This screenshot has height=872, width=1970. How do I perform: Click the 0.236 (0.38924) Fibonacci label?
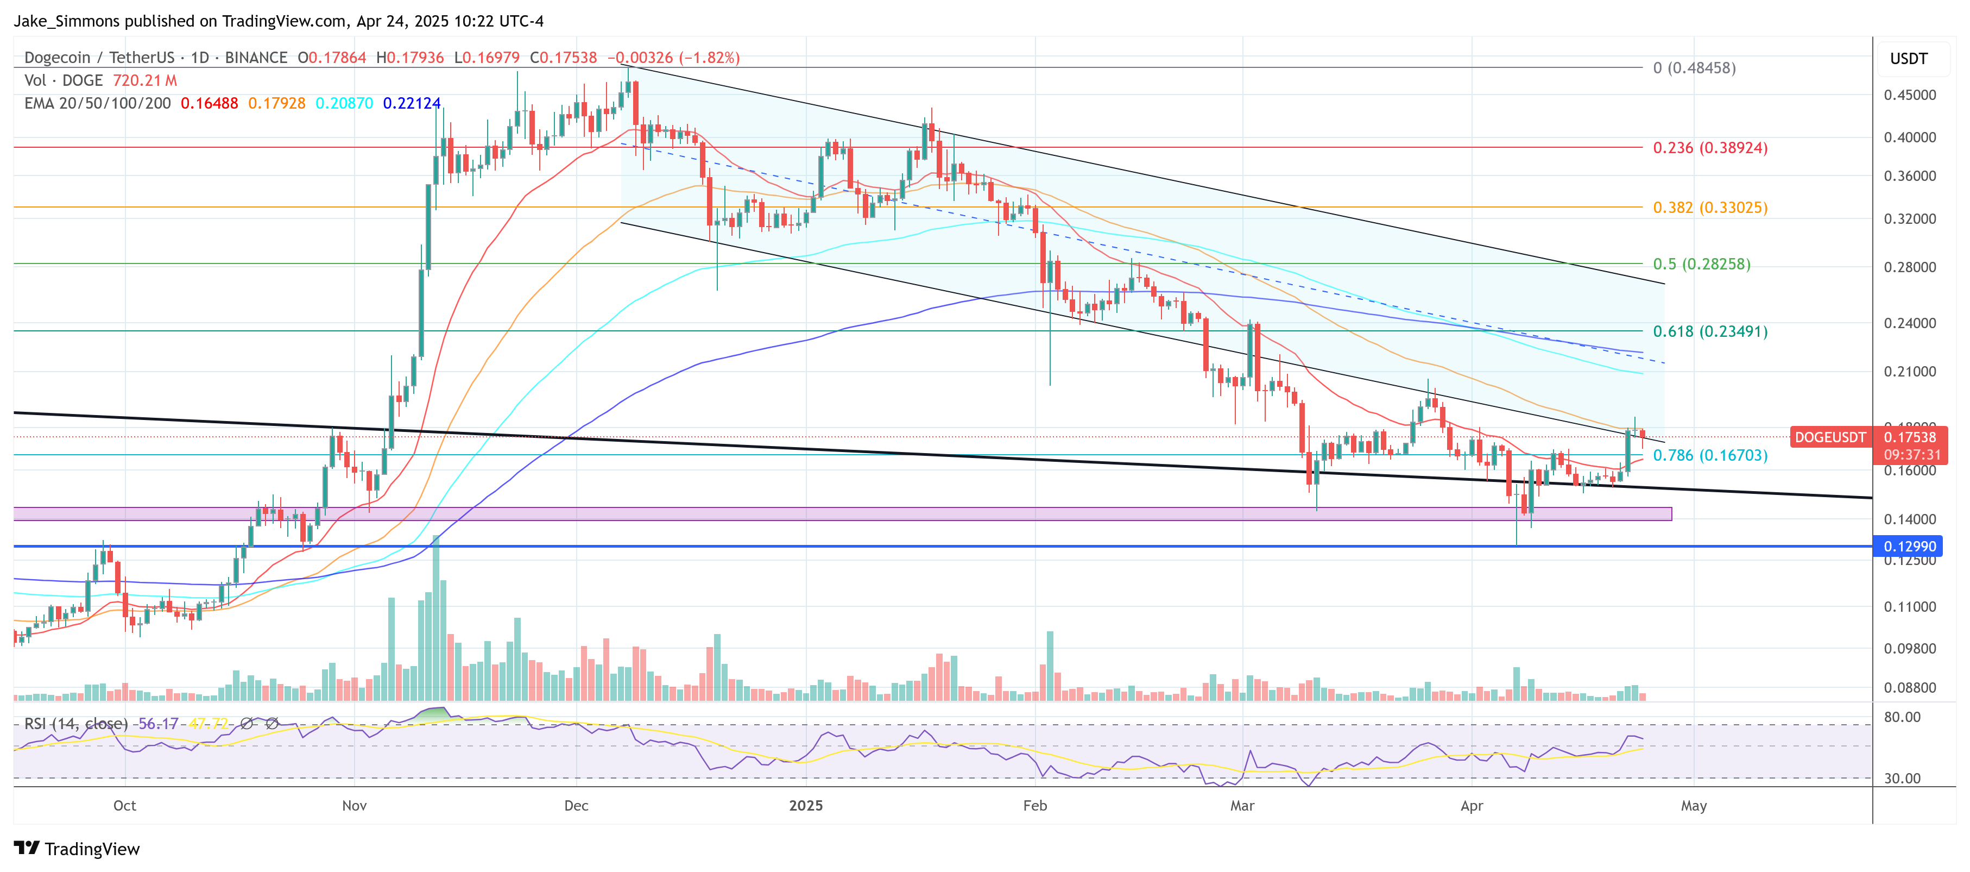[x=1709, y=148]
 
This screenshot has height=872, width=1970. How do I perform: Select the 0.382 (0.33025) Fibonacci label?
[x=1709, y=208]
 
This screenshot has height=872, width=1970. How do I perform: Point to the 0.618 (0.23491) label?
[x=1709, y=331]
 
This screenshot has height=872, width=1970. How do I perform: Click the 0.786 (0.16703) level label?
[x=1709, y=455]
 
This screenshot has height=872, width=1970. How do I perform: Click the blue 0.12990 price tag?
[x=1909, y=546]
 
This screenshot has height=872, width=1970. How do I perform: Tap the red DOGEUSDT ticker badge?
[x=1829, y=437]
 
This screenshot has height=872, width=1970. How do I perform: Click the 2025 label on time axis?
[x=805, y=806]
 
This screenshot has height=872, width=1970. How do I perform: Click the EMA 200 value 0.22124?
[x=412, y=103]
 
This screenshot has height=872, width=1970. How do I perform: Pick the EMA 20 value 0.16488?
[x=209, y=103]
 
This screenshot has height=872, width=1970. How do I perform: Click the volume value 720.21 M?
[x=144, y=80]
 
